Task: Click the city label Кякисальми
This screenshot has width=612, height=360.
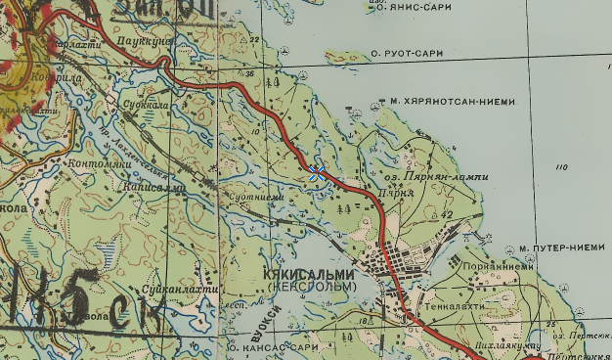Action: pyautogui.click(x=310, y=277)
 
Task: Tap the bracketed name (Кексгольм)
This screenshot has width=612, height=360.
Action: pyautogui.click(x=309, y=288)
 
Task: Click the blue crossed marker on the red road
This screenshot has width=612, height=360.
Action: pyautogui.click(x=316, y=173)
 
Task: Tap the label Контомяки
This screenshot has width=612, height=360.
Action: pyautogui.click(x=99, y=164)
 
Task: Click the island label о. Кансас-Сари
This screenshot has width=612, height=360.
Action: pyautogui.click(x=274, y=347)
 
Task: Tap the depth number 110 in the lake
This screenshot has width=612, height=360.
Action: pyautogui.click(x=560, y=168)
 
